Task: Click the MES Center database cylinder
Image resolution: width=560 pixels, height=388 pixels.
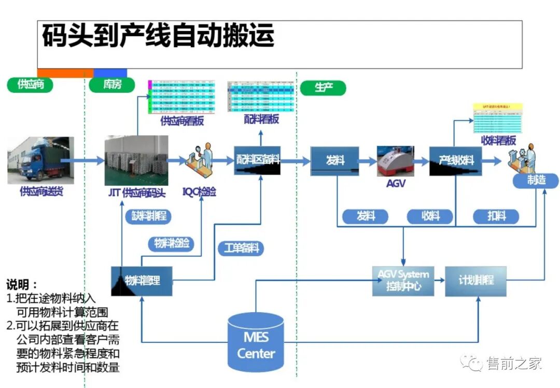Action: [x=256, y=342]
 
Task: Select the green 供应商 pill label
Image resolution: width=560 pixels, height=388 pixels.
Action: [x=30, y=85]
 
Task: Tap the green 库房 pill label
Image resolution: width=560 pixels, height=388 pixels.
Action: [x=112, y=85]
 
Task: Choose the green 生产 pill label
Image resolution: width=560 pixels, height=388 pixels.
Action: [x=323, y=87]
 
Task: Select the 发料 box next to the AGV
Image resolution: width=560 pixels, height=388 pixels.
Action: [x=334, y=160]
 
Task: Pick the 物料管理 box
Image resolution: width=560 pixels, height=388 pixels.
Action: [x=142, y=281]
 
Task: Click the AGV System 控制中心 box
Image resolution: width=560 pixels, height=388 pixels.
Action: [x=403, y=281]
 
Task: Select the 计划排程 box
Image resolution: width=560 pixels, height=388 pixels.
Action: [x=475, y=281]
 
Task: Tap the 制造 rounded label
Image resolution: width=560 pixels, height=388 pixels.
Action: [x=536, y=181]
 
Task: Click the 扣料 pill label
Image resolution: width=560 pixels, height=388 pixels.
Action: [x=496, y=216]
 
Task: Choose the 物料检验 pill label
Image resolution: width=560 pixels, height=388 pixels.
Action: [x=171, y=243]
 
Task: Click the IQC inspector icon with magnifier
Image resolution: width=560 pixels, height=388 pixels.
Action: [x=200, y=161]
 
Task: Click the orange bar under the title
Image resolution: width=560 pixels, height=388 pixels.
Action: [x=65, y=73]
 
